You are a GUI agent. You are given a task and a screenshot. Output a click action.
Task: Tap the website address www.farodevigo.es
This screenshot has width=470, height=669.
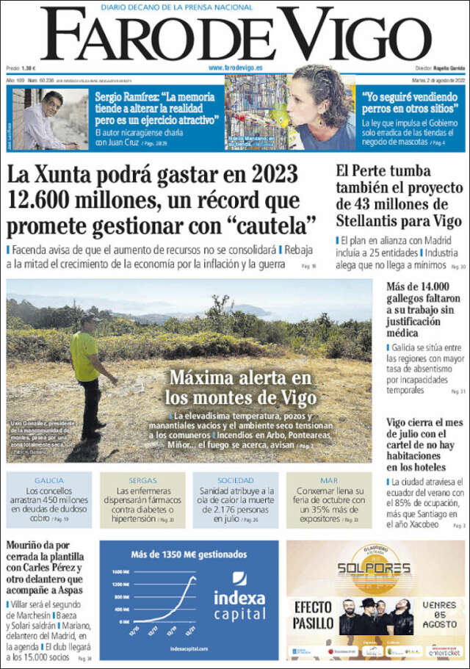pos(236,68)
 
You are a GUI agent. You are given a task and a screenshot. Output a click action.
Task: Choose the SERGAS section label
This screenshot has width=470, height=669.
pos(142,480)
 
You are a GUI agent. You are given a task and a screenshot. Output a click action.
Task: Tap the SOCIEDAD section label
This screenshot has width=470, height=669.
pos(236,480)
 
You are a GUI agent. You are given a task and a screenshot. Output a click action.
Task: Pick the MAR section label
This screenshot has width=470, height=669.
pos(328,480)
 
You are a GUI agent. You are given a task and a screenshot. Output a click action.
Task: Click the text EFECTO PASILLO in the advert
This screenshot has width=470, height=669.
pos(313,615)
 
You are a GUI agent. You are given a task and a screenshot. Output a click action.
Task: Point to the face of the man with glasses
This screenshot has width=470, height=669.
pos(51,102)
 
